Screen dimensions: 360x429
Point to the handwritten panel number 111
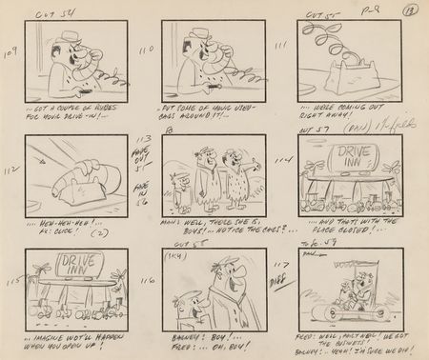(x=281, y=46)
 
